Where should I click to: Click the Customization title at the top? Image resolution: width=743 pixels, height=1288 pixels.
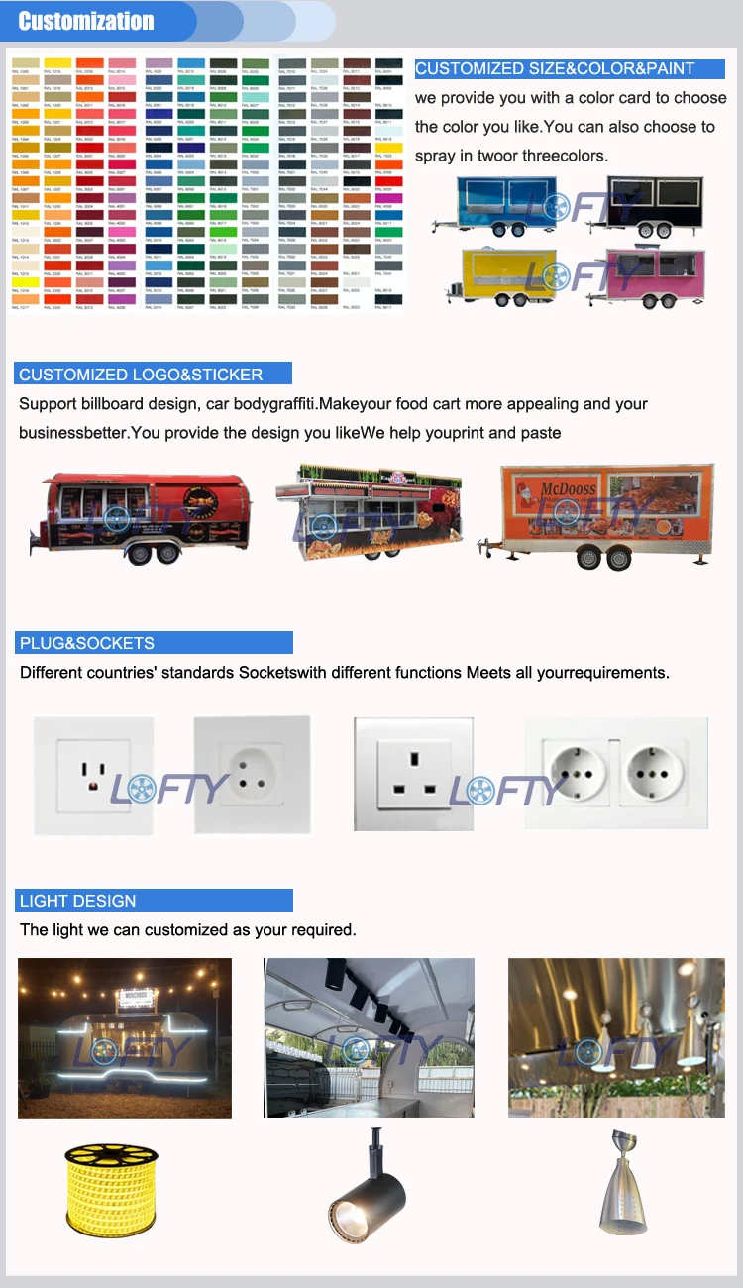click(86, 21)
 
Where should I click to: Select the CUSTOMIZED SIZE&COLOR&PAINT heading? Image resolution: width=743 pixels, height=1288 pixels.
click(555, 69)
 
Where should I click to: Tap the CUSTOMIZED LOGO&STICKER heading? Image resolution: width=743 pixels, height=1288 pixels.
click(141, 375)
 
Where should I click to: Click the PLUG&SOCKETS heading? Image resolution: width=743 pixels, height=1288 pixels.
click(87, 643)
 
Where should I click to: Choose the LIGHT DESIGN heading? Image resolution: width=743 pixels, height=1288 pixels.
click(77, 901)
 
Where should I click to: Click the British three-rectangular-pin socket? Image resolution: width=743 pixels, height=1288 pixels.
click(413, 774)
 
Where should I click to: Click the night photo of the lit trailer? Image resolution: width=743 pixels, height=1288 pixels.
click(125, 1037)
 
